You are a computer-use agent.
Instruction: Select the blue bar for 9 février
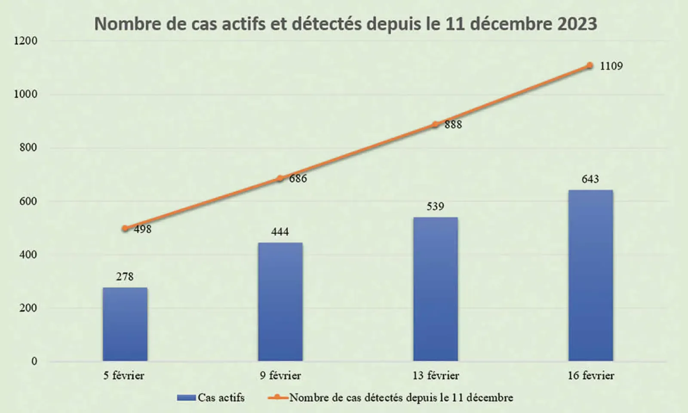click(x=280, y=302)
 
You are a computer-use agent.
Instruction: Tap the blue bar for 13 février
click(x=435, y=289)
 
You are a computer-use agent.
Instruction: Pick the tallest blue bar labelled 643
click(x=590, y=275)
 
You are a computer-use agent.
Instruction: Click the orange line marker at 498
click(x=125, y=228)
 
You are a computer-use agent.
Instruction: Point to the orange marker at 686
click(x=280, y=179)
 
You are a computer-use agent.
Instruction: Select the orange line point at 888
click(x=435, y=124)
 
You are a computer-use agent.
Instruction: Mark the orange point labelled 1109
click(x=590, y=66)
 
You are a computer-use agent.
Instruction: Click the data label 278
click(x=125, y=277)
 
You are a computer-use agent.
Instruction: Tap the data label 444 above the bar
click(x=280, y=232)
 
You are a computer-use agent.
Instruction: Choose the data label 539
click(x=435, y=206)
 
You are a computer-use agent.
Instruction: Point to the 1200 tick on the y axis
click(x=26, y=41)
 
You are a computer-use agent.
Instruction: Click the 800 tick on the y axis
click(x=28, y=148)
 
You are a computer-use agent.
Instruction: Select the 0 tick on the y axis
click(x=34, y=361)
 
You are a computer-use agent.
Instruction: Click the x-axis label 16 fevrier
click(x=591, y=376)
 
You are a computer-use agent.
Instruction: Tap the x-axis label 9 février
click(x=280, y=376)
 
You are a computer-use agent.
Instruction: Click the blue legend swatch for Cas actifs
click(x=187, y=398)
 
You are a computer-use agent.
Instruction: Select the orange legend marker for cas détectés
click(x=278, y=398)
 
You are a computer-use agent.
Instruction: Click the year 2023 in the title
click(x=577, y=24)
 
